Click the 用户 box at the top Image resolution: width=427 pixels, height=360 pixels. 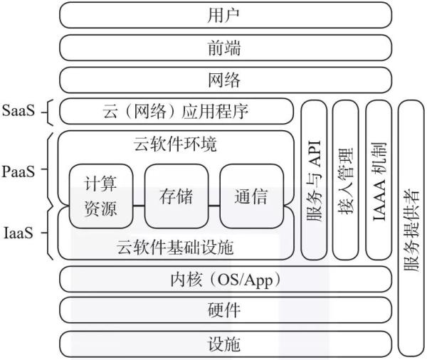pos(226,15)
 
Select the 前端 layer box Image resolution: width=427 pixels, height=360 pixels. pos(226,48)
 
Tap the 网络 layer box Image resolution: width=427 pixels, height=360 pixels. pos(226,80)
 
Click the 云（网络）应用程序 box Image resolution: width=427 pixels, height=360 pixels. pos(176,112)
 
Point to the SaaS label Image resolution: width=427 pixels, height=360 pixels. pos(19,111)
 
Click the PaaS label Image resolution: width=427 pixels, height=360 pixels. pos(19,172)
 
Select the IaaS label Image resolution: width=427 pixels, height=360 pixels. pos(19,233)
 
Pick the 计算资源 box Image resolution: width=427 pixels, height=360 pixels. pos(101,196)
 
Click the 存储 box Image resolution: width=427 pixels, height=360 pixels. pos(176,196)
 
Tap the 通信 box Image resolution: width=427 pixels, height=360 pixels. pos(251,196)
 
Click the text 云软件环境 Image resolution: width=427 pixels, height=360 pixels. pos(175,144)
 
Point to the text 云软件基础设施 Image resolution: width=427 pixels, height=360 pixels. pos(175,248)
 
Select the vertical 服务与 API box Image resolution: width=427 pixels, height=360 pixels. pos(314,180)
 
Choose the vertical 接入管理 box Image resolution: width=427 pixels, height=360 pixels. pos(346,180)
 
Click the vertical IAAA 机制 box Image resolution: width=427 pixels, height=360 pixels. pos(379,180)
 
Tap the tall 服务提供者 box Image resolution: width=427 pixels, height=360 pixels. pos(411,228)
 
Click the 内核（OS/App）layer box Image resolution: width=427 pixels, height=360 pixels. pos(226,279)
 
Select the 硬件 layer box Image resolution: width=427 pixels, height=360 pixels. pos(226,310)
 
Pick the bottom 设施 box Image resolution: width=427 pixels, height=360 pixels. pos(226,344)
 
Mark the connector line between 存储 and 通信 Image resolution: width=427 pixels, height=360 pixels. pos(214,206)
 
